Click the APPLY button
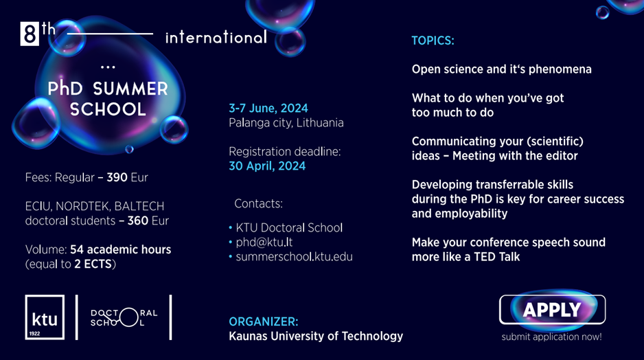(x=552, y=309)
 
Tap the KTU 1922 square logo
(x=45, y=317)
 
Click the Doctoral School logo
(x=124, y=317)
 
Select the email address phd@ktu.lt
(x=264, y=242)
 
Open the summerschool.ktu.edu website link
(x=294, y=257)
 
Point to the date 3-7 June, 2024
(x=268, y=108)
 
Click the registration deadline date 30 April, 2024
(x=267, y=166)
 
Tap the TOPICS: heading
(x=433, y=41)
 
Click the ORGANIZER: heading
(x=263, y=322)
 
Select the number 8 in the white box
(x=30, y=34)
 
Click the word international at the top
(x=216, y=38)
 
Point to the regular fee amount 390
(x=117, y=177)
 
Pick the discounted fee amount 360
(x=137, y=221)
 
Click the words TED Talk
(x=496, y=257)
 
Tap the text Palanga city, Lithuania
(x=286, y=123)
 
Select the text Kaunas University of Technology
(x=316, y=336)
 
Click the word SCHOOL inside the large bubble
(x=108, y=109)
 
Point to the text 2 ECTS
(x=93, y=264)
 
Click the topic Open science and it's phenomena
(x=501, y=69)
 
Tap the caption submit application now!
(x=551, y=337)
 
